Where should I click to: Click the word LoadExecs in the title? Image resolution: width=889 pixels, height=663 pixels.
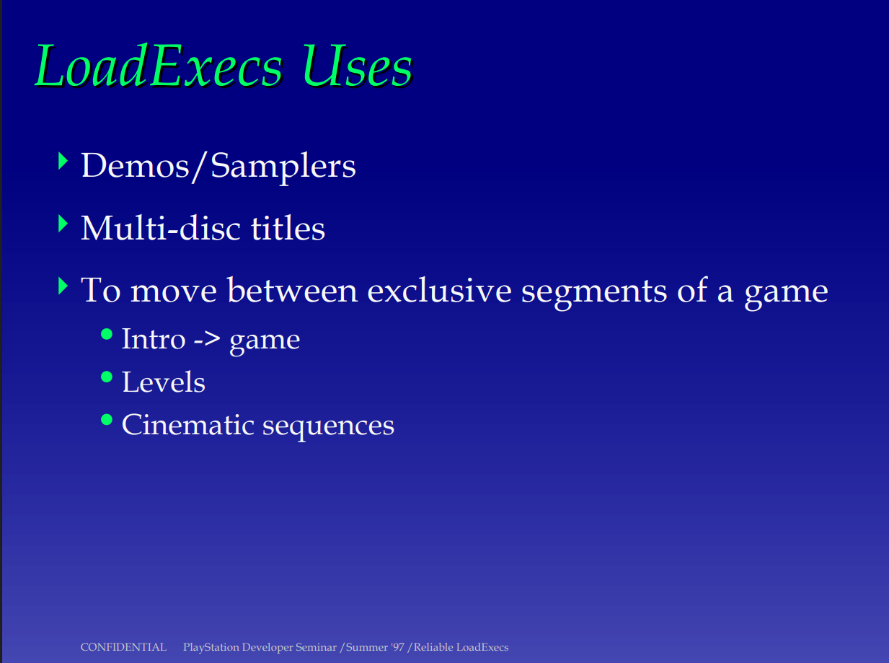point(159,66)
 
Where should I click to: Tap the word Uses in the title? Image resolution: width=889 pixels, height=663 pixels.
point(357,66)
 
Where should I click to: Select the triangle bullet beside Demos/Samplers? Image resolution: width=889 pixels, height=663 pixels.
point(63,161)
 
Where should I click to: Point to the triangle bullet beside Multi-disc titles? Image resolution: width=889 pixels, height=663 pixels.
point(63,224)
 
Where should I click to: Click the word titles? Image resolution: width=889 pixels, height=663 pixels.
point(288,228)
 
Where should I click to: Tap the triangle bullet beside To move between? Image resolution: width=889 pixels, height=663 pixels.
point(63,286)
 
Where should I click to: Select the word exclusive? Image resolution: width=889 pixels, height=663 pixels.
point(439,290)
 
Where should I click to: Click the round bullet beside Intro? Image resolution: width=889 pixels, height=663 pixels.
point(107,334)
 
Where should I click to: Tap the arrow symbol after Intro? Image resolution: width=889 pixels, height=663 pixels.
point(207,340)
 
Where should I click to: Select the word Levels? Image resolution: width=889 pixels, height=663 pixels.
point(164,382)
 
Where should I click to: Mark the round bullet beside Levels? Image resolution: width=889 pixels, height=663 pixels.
point(107,377)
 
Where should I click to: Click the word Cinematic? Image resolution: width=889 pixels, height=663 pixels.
point(188,425)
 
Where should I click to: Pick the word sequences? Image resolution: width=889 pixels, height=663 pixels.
point(329,427)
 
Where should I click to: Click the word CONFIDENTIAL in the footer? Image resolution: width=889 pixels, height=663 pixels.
point(123,647)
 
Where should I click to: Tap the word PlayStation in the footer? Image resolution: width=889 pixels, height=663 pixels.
point(211,648)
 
